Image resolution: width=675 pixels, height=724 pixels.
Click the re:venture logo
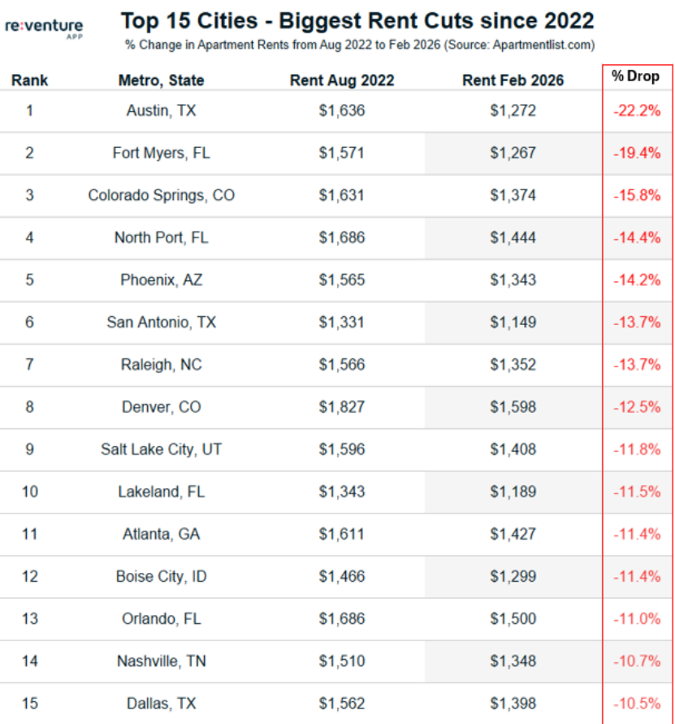tap(44, 28)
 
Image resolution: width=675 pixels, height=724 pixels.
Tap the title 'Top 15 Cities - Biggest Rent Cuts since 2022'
tap(357, 20)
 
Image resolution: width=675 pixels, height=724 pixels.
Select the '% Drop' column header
tap(636, 76)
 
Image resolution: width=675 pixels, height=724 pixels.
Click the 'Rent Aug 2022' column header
tap(342, 80)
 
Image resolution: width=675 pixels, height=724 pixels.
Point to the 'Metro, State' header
tap(161, 80)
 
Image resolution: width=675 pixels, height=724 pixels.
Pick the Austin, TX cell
tap(161, 111)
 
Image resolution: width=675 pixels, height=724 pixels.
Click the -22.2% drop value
tap(637, 111)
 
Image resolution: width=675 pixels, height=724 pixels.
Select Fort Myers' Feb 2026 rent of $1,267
tap(513, 153)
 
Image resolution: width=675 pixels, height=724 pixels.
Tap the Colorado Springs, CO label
tap(161, 195)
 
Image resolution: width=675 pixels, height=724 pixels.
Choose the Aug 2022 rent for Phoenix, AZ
tap(342, 280)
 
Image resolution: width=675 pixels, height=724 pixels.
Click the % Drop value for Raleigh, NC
tap(637, 365)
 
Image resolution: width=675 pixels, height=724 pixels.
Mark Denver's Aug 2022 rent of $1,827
tap(342, 407)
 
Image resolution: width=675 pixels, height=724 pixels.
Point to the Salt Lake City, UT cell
tap(161, 449)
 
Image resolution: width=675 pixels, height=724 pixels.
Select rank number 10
tap(29, 492)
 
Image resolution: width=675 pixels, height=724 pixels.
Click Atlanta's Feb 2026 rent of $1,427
tap(513, 534)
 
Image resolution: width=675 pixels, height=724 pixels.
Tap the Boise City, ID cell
tap(161, 576)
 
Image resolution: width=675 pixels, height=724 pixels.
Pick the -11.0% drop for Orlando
tap(637, 618)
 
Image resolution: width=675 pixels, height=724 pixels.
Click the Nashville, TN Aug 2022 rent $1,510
tap(342, 661)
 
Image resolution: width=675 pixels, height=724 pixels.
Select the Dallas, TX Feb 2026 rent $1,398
tap(513, 703)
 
